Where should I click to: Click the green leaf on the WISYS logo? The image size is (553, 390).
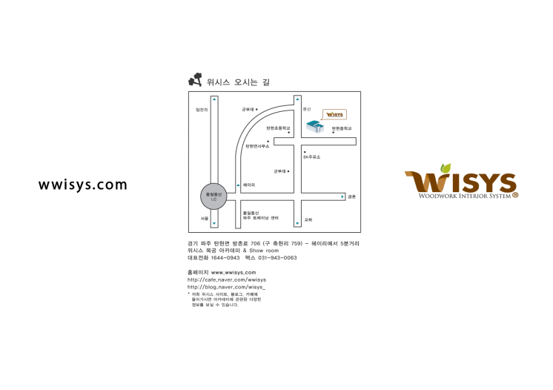click(446, 168)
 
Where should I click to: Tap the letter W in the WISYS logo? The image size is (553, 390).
click(423, 182)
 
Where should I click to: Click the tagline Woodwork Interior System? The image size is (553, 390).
click(464, 196)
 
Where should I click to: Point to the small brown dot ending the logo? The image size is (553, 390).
click(515, 195)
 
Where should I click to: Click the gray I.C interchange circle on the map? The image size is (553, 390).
click(213, 196)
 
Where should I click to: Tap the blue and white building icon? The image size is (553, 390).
click(315, 126)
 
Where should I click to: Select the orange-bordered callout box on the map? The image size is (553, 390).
click(334, 114)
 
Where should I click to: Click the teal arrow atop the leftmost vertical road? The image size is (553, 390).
click(214, 99)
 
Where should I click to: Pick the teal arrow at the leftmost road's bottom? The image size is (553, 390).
click(214, 223)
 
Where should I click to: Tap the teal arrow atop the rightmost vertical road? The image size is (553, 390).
click(297, 99)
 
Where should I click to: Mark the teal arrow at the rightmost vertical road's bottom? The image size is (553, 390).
click(297, 223)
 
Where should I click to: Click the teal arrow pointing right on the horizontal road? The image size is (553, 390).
click(342, 196)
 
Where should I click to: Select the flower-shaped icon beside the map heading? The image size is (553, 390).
click(195, 79)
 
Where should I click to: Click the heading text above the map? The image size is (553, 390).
click(238, 82)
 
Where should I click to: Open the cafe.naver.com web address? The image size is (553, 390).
click(226, 280)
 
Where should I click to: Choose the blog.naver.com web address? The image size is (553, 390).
click(226, 286)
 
